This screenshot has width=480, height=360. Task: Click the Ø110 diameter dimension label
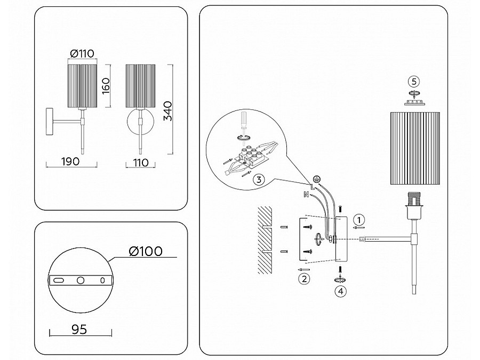click(82, 53)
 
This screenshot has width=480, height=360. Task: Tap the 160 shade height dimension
click(106, 86)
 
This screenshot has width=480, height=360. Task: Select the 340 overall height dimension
click(168, 111)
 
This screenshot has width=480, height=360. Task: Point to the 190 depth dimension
click(70, 161)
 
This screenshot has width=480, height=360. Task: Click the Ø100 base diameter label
click(146, 251)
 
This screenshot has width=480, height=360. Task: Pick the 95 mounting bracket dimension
click(79, 330)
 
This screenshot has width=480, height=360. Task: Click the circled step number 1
click(359, 220)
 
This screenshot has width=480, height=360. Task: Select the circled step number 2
click(304, 279)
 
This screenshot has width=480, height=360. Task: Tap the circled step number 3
click(259, 179)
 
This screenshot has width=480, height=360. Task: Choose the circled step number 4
click(341, 291)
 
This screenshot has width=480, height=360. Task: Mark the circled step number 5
click(414, 82)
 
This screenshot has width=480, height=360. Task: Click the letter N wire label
click(306, 194)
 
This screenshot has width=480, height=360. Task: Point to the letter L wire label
click(312, 187)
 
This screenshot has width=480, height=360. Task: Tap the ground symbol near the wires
click(317, 179)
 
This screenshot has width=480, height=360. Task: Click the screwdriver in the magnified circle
click(244, 121)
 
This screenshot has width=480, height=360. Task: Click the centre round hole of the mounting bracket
click(81, 280)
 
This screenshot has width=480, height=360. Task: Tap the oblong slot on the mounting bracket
click(58, 280)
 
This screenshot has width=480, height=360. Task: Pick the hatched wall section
click(265, 240)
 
